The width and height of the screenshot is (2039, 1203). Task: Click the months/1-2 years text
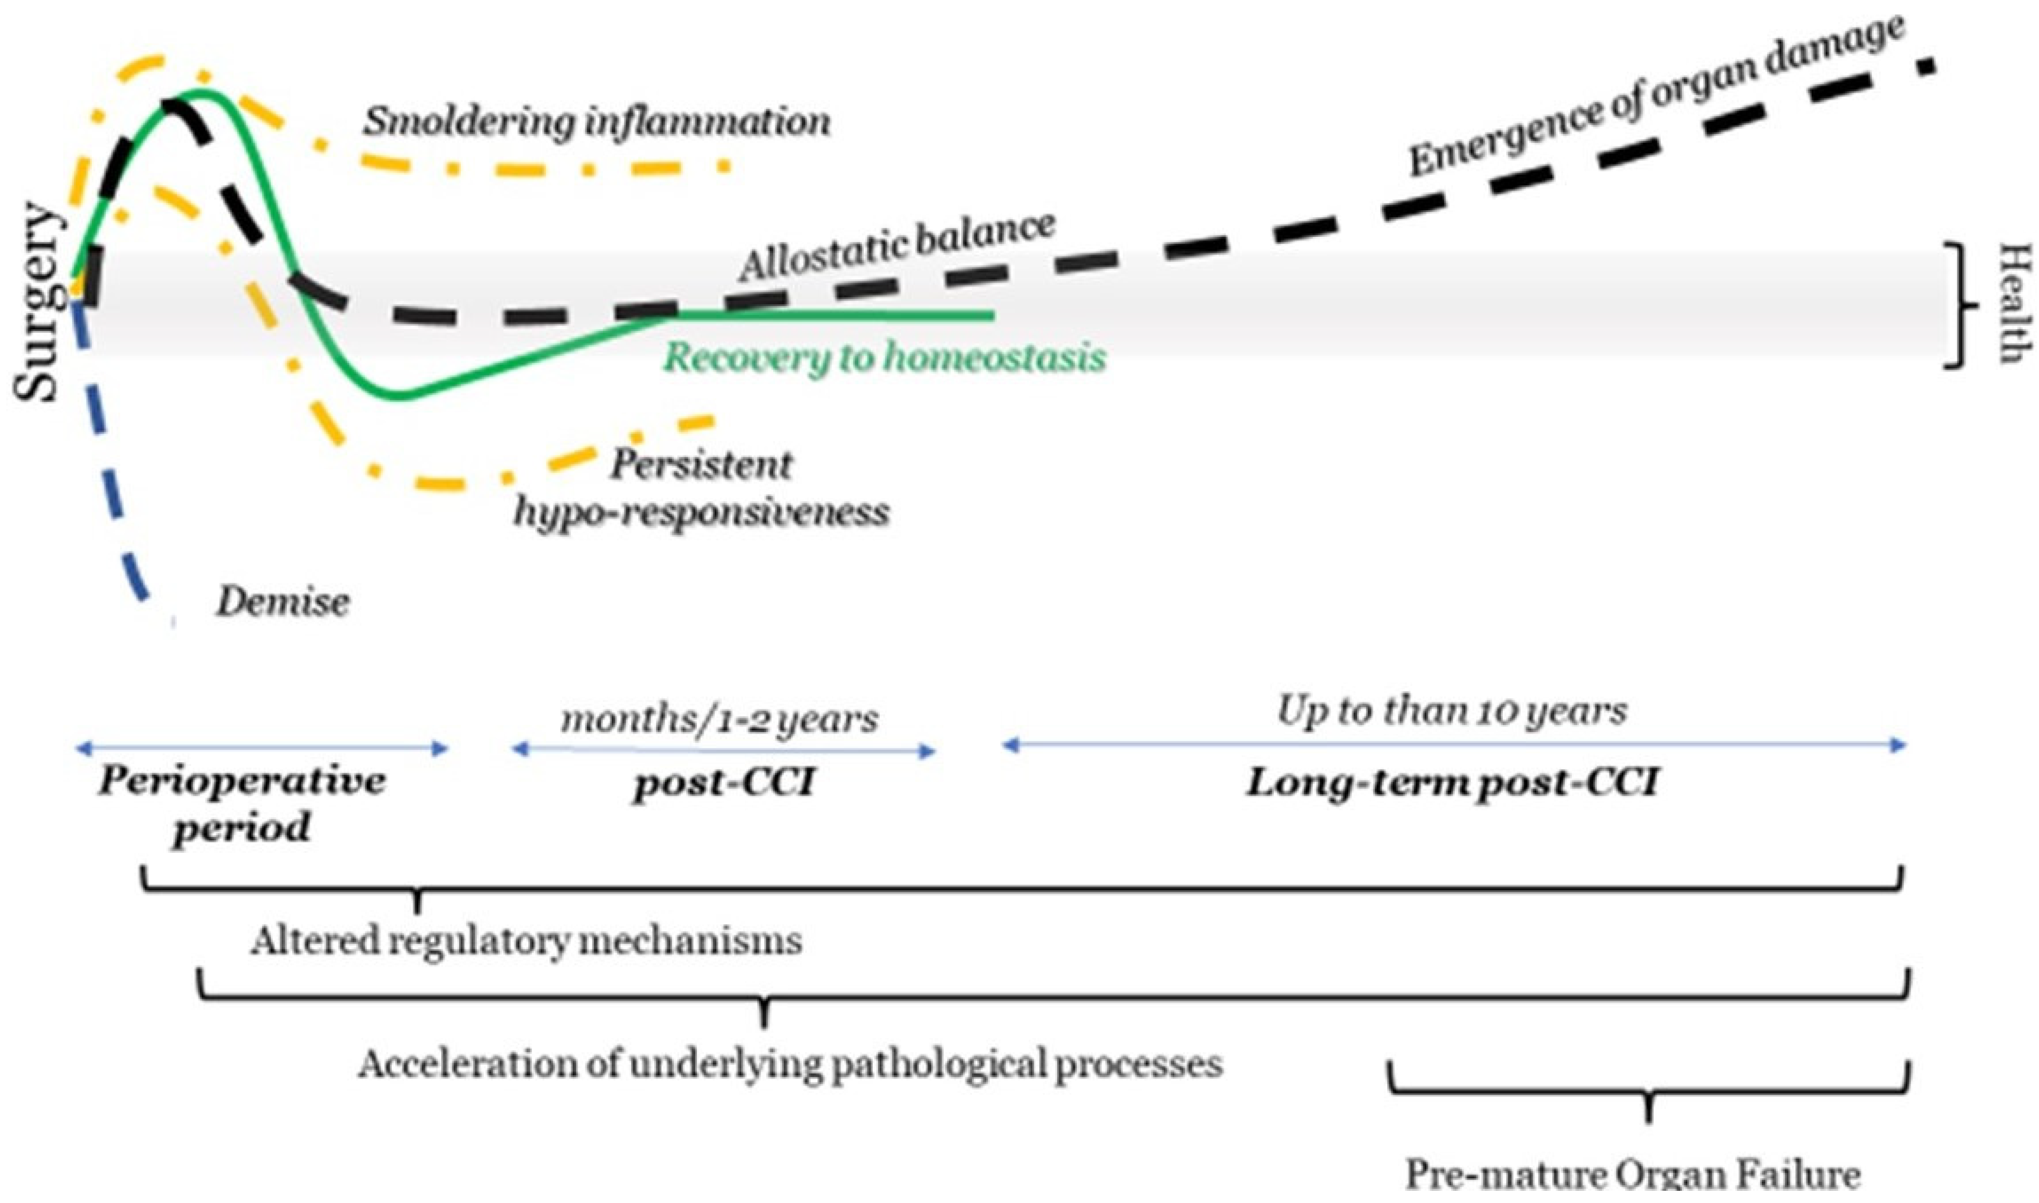coord(720,718)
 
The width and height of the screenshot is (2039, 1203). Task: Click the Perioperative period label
coord(241,804)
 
